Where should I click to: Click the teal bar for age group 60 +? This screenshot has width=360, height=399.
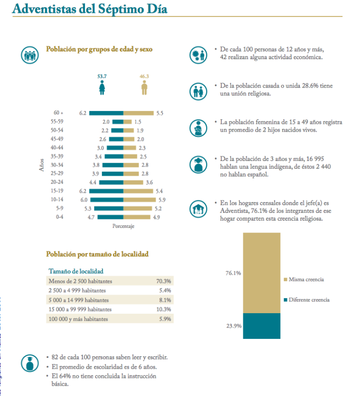[106, 113]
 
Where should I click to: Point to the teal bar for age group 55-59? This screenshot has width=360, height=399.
[118, 122]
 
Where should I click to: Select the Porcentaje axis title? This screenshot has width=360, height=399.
[123, 227]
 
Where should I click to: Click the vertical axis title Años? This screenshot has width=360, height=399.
[44, 165]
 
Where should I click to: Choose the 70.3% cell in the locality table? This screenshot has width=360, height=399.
[163, 281]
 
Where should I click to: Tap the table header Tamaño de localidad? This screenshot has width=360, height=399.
[76, 271]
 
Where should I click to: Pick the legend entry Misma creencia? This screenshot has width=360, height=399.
[306, 280]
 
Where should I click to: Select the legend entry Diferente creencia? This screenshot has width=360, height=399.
[309, 300]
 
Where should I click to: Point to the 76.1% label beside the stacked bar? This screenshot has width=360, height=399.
[233, 273]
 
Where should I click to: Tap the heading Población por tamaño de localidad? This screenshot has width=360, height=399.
[97, 254]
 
